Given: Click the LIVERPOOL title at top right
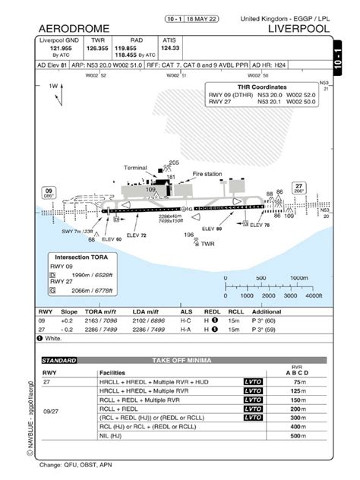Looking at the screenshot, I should click(x=299, y=28).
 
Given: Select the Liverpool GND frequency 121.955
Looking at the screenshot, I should click(x=61, y=48).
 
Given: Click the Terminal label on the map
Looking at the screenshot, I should click(x=136, y=167).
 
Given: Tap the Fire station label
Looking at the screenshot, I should click(x=207, y=174).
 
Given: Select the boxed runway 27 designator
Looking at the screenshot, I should click(x=299, y=185).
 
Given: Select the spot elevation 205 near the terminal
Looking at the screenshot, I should click(x=174, y=163).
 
